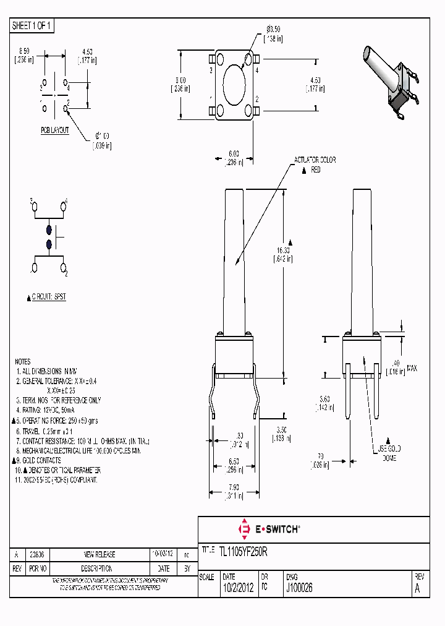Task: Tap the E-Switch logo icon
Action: pos(244,529)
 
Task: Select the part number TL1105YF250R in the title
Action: pos(243,550)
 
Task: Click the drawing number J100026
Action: pos(299,589)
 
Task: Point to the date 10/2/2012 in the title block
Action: pos(237,589)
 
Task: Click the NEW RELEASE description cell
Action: pos(100,554)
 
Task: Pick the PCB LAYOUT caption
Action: pos(55,131)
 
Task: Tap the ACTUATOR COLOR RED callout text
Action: pos(315,165)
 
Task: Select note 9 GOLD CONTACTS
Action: pos(40,460)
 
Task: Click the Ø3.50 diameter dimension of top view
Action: pos(274,33)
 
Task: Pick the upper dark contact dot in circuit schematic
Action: pos(49,230)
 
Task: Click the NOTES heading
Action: pos(23,361)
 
